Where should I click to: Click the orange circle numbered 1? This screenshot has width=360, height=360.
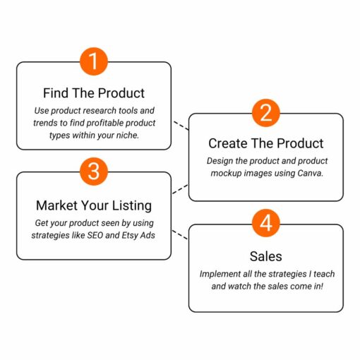[x=94, y=61]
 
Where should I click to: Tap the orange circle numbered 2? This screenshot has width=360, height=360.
[x=266, y=113]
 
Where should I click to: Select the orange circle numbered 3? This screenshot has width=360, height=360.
[x=94, y=172]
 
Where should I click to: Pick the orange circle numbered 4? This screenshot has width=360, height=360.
[x=266, y=223]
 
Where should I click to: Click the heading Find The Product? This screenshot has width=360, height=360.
[x=94, y=93]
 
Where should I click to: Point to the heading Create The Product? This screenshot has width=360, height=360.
[x=266, y=143]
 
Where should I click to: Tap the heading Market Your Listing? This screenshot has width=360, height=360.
[x=94, y=205]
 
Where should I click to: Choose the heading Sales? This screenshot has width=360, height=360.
[x=266, y=256]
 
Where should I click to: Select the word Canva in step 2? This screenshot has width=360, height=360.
[x=311, y=174]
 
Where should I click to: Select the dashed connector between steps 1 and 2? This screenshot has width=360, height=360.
[x=181, y=126]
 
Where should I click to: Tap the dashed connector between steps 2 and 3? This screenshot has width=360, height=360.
[x=180, y=189]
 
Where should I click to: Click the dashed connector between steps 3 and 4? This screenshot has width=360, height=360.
[x=180, y=235]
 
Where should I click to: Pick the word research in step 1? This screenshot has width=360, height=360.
[x=103, y=111]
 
